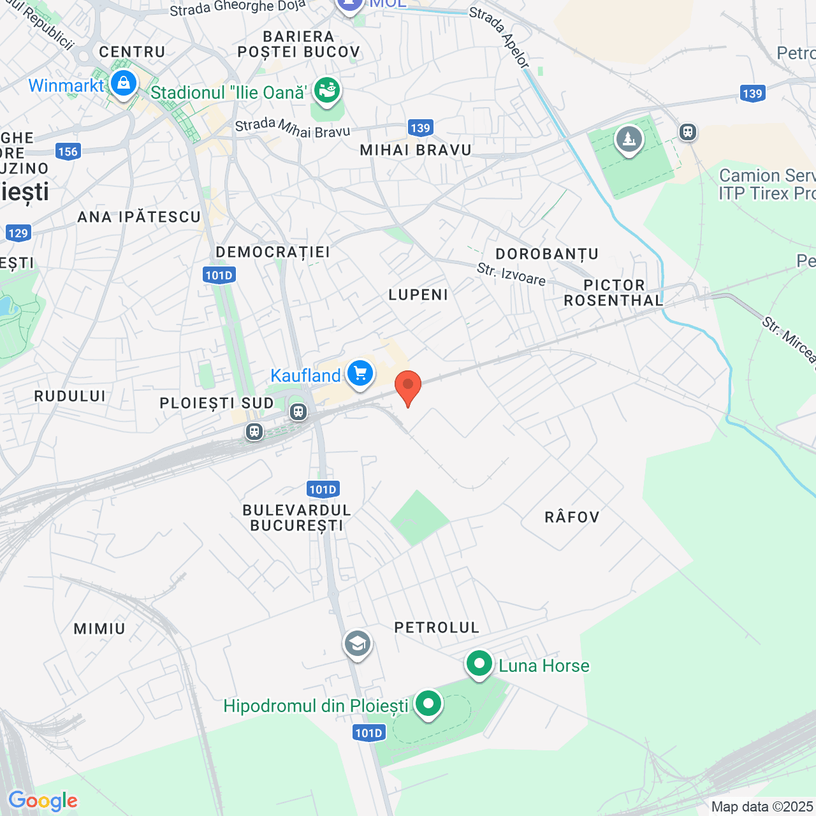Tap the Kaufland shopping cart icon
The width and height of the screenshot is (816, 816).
(360, 374)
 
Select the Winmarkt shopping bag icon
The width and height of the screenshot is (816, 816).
(123, 84)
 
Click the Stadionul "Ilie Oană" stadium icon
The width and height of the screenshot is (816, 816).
(327, 90)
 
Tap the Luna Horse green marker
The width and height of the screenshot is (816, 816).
(479, 664)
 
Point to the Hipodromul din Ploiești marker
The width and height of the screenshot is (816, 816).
(428, 704)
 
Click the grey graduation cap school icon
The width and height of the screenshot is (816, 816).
(357, 644)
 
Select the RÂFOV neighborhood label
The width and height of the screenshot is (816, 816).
(572, 517)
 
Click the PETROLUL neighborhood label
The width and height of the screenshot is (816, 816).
(437, 628)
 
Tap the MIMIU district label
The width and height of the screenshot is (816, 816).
(99, 629)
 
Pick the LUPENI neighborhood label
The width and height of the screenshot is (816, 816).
(418, 295)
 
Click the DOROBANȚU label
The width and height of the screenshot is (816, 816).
(547, 254)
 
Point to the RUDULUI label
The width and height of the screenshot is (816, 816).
(70, 396)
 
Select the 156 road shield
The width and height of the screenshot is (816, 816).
(68, 152)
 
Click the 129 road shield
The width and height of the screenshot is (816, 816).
(18, 233)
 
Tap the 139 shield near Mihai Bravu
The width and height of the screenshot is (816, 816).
(420, 128)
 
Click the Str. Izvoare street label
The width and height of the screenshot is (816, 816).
(511, 275)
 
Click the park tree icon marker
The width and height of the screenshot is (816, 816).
(629, 139)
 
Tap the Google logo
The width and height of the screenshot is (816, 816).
(43, 801)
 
